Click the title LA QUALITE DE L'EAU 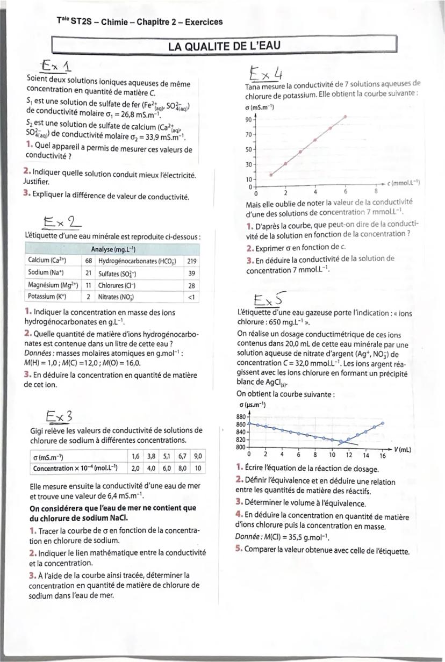[224, 46]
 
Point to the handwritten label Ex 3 [59, 416]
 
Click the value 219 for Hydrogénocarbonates [191, 260]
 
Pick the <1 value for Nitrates [192, 296]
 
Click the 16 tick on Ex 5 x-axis [383, 455]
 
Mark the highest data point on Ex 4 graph [345, 116]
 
